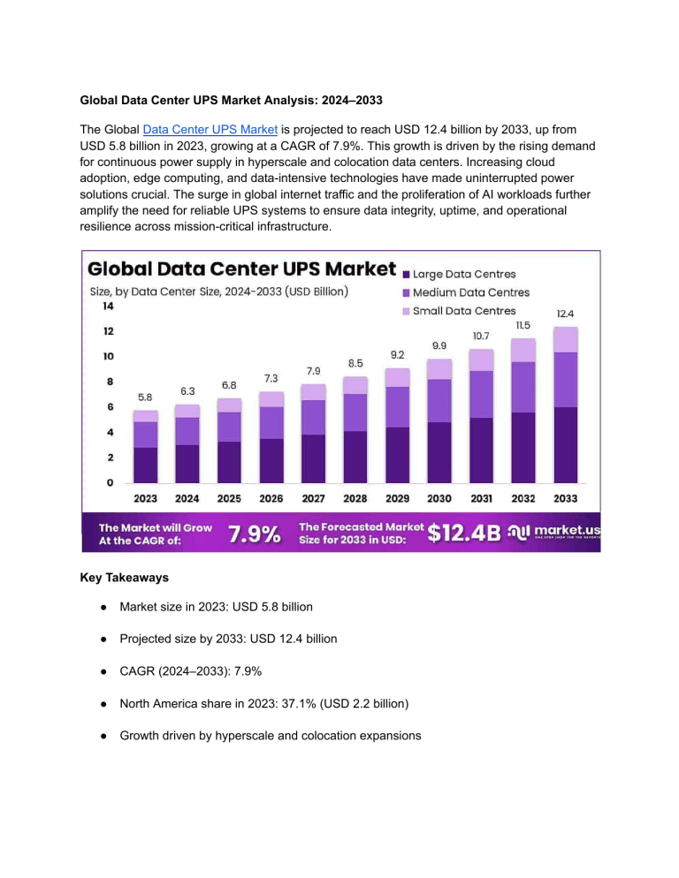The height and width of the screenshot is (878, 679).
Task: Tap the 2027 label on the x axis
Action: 313,498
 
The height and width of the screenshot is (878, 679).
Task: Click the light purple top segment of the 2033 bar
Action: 566,339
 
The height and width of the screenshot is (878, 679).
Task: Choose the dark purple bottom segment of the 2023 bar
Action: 146,465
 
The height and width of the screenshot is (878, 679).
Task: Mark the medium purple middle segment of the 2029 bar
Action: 398,407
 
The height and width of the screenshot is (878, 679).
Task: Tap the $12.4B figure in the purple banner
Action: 464,533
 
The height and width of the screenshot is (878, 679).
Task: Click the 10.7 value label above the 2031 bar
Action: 482,336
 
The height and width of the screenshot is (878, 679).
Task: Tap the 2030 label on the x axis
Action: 439,498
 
